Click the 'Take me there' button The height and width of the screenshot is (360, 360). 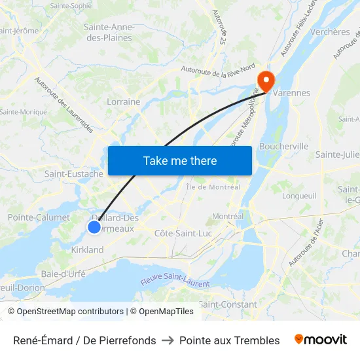(180, 160)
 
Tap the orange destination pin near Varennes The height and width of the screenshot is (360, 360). (266, 79)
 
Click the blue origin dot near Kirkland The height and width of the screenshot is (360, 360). (94, 226)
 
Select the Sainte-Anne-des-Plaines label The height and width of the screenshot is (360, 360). (109, 32)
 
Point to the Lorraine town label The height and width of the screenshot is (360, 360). (123, 101)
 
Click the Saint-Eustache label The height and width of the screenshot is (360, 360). (74, 174)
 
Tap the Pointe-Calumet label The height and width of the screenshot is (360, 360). (39, 217)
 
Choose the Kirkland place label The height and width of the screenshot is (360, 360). (87, 249)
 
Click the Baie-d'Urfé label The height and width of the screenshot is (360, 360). (63, 274)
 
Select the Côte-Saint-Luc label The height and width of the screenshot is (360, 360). (183, 233)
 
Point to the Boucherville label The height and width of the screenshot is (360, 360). (284, 146)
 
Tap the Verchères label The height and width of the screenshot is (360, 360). (331, 31)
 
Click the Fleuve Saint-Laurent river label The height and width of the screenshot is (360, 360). (175, 283)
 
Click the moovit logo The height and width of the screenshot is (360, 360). (321, 340)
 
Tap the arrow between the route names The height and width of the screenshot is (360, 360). (168, 340)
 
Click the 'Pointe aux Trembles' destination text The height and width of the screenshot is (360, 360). (229, 340)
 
